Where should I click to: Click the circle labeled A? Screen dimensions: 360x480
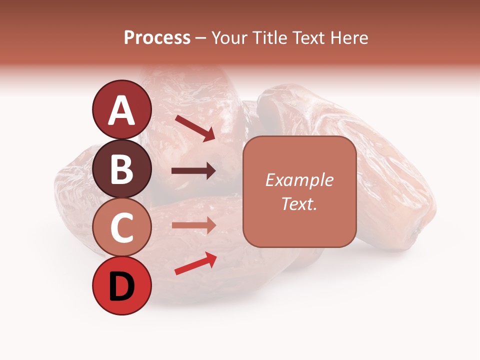(x=121, y=109)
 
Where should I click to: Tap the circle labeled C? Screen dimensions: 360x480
(x=121, y=227)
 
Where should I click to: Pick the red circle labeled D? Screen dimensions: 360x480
(x=121, y=286)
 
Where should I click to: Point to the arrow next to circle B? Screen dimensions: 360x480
(x=193, y=171)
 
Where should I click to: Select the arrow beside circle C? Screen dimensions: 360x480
(x=193, y=225)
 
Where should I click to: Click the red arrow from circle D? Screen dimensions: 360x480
(x=195, y=263)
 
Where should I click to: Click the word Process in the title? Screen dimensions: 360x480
(x=157, y=38)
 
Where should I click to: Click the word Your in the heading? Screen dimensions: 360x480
(x=229, y=38)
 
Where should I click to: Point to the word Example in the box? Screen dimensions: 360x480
(x=299, y=180)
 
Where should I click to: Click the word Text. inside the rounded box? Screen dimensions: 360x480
(x=299, y=204)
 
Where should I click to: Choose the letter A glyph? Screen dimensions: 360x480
(x=121, y=110)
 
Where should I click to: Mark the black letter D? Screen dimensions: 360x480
(x=121, y=287)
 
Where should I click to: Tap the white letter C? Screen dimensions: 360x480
(x=121, y=227)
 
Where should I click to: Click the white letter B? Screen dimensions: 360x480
(x=121, y=168)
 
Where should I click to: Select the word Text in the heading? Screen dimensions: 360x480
(x=308, y=38)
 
